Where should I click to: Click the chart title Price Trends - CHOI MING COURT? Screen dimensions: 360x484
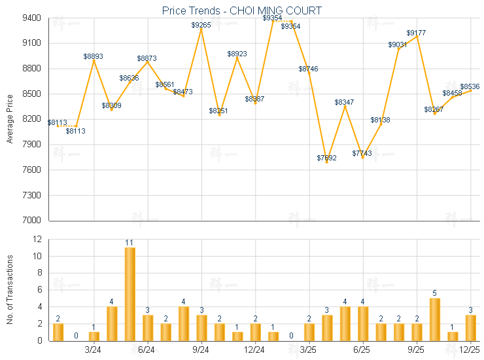242,10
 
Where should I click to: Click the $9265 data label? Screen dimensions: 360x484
201,25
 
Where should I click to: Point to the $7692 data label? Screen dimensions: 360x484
327,158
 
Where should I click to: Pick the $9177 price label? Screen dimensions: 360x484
417,33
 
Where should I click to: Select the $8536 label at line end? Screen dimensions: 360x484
470,86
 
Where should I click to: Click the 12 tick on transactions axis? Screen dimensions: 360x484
37,240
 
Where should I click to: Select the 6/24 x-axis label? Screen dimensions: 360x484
147,350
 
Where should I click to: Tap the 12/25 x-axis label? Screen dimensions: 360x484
470,350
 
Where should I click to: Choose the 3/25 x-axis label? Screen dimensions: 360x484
309,350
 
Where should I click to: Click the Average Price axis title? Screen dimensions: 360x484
10,119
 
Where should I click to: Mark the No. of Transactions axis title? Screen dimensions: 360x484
10,289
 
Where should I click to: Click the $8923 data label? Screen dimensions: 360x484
237,54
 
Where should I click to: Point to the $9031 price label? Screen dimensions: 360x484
398,45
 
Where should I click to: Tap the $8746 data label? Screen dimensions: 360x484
309,69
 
